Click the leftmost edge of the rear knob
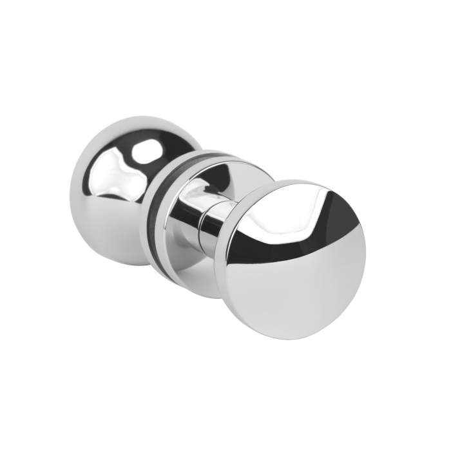[70, 193]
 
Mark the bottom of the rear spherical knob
[122, 264]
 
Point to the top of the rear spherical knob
[129, 117]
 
